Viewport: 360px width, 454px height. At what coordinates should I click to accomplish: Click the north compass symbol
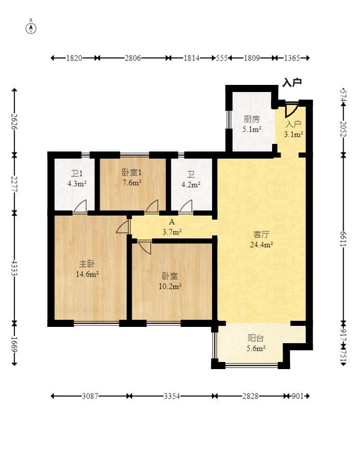pos(31,28)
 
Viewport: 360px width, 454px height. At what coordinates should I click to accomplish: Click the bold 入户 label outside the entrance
pos(292,82)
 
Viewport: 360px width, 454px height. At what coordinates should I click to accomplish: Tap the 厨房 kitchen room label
pos(252,119)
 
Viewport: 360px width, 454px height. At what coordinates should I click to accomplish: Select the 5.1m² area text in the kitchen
pos(252,129)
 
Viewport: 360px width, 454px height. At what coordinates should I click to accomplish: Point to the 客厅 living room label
pos(261,234)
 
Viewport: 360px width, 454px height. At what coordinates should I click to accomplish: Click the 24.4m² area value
pos(261,245)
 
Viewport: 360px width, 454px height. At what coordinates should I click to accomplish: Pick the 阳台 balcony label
pos(256,338)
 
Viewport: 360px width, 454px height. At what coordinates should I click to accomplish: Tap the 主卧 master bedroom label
pos(87,264)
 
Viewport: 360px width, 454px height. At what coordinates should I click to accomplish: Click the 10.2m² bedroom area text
pos(170,286)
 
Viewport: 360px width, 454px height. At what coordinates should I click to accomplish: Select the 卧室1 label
pos(132,172)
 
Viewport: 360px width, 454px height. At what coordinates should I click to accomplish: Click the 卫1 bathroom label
pos(77,173)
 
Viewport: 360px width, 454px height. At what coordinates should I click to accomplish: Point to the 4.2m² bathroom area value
pos(191,185)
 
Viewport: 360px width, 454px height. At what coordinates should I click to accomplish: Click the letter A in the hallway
pos(172,222)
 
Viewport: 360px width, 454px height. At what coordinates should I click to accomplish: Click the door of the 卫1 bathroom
pos(80,206)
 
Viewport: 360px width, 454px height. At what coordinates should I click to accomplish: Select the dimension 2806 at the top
pos(133,58)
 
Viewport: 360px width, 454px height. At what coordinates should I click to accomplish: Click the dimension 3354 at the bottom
pos(172,396)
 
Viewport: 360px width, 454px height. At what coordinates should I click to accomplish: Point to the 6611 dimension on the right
pos(344,239)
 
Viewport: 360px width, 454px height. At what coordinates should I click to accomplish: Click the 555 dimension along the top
pos(222,58)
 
